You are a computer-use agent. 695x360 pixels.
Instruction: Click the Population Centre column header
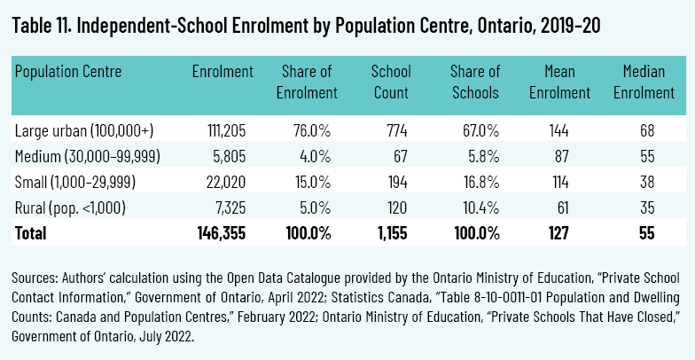pos(68,72)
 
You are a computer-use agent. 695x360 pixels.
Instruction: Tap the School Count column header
pos(391,82)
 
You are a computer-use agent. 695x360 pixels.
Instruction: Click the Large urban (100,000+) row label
pos(84,131)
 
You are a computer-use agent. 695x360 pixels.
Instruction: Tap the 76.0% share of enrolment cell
pos(312,131)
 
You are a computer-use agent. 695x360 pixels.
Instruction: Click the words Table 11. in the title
pos(45,26)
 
